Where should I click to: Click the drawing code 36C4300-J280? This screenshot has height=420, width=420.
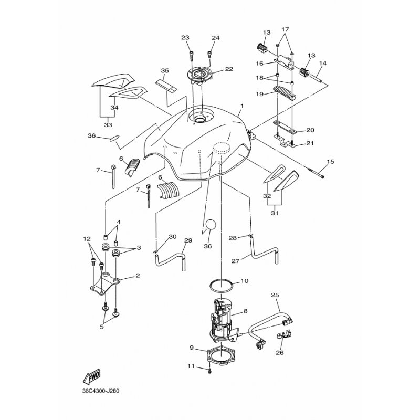(x=101, y=391)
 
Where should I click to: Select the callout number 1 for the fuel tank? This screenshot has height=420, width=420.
(x=242, y=106)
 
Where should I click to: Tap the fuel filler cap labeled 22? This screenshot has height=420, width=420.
(x=201, y=75)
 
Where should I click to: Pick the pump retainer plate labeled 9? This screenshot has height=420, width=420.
(x=221, y=355)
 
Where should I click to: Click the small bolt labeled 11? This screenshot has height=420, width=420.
(x=209, y=371)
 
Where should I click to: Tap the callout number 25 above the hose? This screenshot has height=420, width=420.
(x=275, y=295)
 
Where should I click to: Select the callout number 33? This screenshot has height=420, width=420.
(x=108, y=125)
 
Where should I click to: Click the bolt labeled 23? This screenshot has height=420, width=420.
(x=192, y=57)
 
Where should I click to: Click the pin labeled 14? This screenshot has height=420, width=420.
(x=316, y=80)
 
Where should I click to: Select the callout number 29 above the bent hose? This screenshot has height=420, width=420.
(x=188, y=240)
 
